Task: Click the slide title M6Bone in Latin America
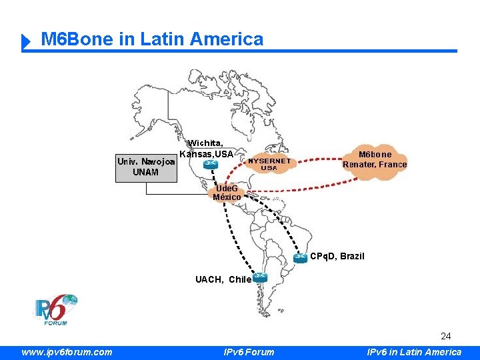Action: pos(152,39)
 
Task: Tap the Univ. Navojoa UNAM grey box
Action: pos(146,167)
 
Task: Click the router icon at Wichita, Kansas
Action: pos(211,164)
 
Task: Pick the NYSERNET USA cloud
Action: pos(269,164)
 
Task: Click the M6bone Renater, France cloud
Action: pos(375,159)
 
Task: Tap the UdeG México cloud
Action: pos(227,193)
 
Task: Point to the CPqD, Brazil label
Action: pos(337,256)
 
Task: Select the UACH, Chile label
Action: pos(223,279)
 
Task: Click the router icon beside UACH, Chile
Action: pos(260,278)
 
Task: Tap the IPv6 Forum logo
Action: pos(56,310)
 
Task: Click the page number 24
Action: pos(446,336)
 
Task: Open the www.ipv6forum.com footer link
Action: pos(67,352)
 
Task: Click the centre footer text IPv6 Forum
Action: pos(249,352)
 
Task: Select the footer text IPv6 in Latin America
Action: pos(414,352)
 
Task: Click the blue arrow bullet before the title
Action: pos(27,42)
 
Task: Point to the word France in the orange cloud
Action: pos(393,164)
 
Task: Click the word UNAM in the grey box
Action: pos(146,172)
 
